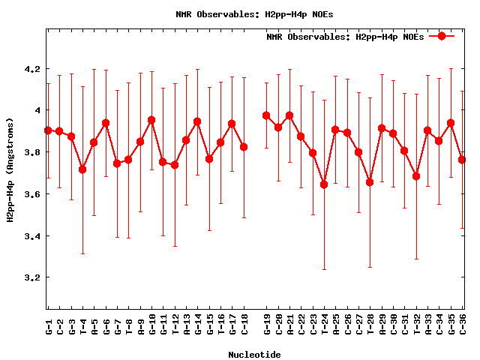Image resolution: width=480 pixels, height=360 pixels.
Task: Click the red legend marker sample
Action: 442,36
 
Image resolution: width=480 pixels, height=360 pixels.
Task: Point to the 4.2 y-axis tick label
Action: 32,69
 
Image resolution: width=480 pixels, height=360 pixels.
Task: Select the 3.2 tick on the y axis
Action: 32,277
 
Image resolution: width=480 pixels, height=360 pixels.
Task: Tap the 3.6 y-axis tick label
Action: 32,194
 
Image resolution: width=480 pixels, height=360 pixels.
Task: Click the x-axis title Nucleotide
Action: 255,355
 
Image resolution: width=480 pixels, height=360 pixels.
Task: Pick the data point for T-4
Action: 82,169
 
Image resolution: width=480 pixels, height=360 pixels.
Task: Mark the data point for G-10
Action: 151,120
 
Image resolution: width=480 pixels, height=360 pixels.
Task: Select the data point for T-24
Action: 324,184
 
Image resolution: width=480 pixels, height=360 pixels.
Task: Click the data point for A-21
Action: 289,115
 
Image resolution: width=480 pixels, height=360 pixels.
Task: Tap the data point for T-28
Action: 370,182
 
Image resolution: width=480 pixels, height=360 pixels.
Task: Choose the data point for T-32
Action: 416,176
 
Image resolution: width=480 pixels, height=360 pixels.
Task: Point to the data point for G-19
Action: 266,115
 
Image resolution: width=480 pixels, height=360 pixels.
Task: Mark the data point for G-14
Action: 197,121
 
